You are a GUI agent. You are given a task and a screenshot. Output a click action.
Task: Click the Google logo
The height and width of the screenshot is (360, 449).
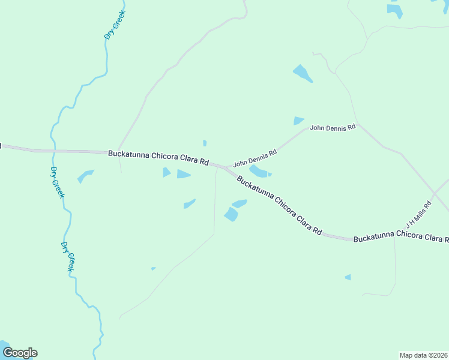pyautogui.click(x=20, y=353)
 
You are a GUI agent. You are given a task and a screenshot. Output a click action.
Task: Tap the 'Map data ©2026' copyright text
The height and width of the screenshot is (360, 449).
pyautogui.click(x=423, y=355)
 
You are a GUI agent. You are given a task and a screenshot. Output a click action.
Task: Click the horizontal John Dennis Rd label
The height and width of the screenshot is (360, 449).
pyautogui.click(x=333, y=127)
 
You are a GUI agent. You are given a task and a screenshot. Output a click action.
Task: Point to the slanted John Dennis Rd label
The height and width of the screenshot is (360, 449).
pyautogui.click(x=255, y=158)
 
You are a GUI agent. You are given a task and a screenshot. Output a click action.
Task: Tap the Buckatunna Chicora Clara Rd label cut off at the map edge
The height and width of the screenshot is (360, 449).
pyautogui.click(x=401, y=239)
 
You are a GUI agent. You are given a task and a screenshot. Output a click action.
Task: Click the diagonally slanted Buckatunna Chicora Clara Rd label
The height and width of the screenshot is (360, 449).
pyautogui.click(x=279, y=205)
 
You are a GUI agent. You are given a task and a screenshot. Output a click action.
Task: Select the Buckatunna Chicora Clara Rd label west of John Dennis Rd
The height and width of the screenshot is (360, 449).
pyautogui.click(x=158, y=158)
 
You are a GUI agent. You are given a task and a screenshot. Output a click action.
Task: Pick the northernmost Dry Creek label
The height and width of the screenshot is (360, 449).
pyautogui.click(x=113, y=25)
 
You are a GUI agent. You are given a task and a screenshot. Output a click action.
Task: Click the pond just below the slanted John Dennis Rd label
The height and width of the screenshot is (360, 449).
pyautogui.click(x=259, y=172)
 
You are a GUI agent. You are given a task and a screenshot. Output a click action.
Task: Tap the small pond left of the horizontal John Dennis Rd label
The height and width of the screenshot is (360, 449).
pyautogui.click(x=298, y=121)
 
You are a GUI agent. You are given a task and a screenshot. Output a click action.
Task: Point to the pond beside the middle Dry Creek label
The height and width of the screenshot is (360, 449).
pyautogui.click(x=85, y=176)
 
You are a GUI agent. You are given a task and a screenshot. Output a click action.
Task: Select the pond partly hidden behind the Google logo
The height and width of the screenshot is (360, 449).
pyautogui.click(x=5, y=346)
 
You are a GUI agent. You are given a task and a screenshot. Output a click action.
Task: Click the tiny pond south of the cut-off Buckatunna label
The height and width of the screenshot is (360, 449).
pyautogui.click(x=348, y=277)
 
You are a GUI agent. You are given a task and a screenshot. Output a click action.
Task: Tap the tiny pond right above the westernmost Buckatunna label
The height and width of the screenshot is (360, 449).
pyautogui.click(x=205, y=143)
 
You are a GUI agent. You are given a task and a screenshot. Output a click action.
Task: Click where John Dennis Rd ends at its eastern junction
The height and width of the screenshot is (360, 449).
pyautogui.click(x=359, y=125)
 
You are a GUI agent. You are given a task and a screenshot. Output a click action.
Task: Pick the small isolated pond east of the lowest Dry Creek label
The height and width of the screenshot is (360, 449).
pyautogui.click(x=154, y=268)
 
